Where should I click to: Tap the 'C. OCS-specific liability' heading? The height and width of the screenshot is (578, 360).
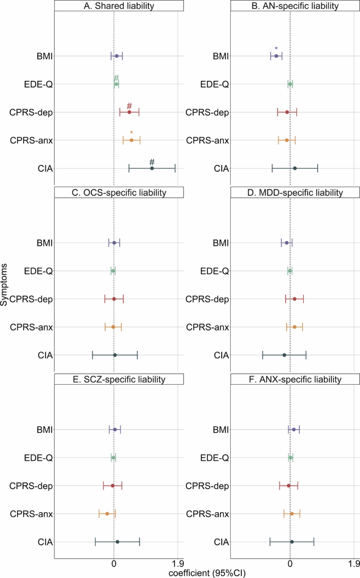(x=119, y=193)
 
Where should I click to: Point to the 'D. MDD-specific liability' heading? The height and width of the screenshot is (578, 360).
(x=295, y=193)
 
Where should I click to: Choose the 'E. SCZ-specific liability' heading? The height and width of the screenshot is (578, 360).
(x=119, y=379)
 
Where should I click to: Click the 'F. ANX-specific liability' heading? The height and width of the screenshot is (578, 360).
(x=295, y=379)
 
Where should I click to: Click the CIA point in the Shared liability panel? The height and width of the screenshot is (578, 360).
(x=152, y=168)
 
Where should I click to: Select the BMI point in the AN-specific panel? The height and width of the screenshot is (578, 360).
(x=276, y=56)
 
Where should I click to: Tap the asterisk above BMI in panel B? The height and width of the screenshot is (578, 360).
(x=276, y=49)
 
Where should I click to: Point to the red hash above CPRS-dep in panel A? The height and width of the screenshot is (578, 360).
(x=129, y=106)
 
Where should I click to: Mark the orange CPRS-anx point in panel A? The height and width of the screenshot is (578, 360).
(x=131, y=140)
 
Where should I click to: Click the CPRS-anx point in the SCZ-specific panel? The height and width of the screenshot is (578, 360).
(x=107, y=514)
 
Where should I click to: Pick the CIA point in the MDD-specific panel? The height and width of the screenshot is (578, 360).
(x=284, y=355)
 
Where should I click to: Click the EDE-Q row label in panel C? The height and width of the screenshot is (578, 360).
(x=38, y=271)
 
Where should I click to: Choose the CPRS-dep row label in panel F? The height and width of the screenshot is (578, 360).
(x=207, y=486)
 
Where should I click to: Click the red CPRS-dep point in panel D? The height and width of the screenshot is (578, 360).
(x=294, y=299)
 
